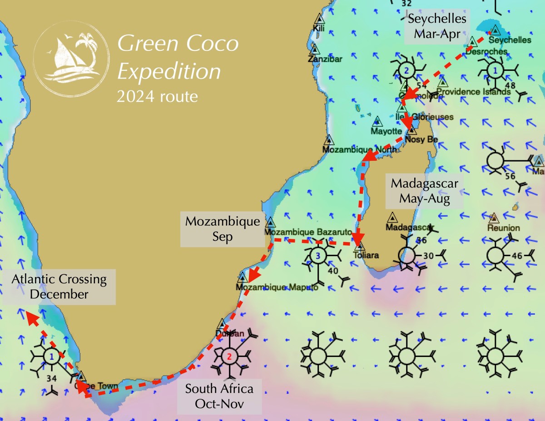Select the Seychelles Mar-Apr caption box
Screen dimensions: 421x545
tap(437, 26)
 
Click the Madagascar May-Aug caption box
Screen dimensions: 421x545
tap(424, 191)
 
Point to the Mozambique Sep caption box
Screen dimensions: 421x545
tap(222, 229)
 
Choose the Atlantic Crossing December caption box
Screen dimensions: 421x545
tap(59, 287)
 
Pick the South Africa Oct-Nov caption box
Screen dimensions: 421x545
tap(219, 396)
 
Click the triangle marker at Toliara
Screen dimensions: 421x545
tap(359, 246)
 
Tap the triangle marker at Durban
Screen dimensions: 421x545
tap(222, 323)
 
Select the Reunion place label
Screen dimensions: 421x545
tap(504, 228)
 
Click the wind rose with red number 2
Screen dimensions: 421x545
tap(229, 356)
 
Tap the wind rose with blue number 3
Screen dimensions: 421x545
tap(318, 256)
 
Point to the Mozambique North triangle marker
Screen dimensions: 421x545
tap(329, 139)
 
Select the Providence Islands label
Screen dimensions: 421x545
tap(474, 92)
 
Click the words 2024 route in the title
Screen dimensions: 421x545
tap(157, 96)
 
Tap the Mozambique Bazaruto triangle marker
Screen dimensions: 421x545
tap(270, 222)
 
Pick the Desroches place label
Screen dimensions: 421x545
tap(486, 52)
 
